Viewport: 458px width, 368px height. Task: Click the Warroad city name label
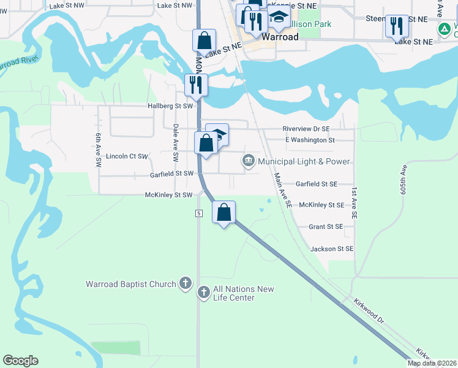[x=280, y=37]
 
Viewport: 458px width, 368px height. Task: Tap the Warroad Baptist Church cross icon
[x=186, y=284]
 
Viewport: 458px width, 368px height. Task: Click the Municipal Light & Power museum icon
[x=249, y=161]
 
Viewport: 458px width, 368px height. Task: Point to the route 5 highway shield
[x=199, y=213]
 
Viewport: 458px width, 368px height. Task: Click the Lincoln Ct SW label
[x=127, y=156]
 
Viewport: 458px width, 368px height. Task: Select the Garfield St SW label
[x=172, y=174]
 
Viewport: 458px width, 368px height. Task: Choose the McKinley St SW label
[x=169, y=194]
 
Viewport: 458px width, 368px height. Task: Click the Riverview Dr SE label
[x=306, y=129]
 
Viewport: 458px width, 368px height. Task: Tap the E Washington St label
[x=310, y=140]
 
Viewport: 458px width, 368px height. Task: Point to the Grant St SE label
[x=326, y=226]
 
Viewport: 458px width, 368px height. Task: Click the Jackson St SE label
[x=332, y=249]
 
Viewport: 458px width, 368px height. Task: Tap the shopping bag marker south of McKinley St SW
[x=224, y=213]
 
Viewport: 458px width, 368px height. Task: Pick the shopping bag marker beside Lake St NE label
[x=205, y=40]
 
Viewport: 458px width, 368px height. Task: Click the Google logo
[x=20, y=361]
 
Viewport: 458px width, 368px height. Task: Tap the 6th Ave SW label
[x=98, y=151]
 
